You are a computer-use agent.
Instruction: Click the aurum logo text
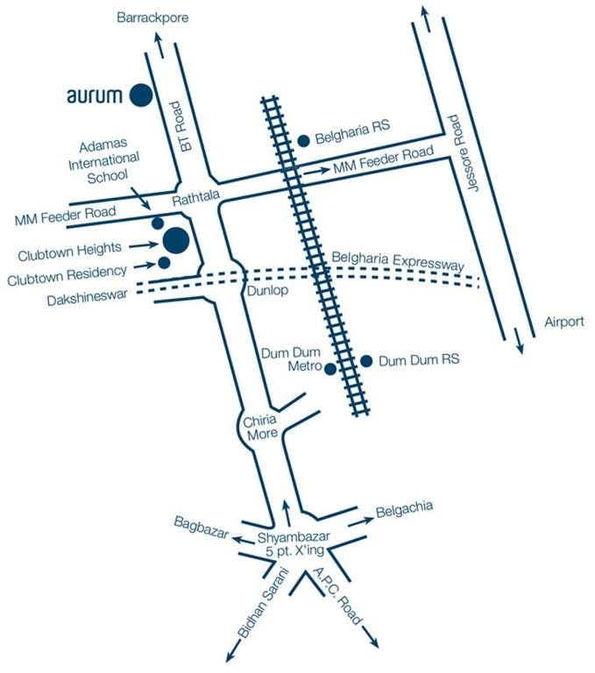point(95,96)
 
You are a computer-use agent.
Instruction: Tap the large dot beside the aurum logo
point(140,95)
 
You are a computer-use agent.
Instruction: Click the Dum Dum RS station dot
point(367,360)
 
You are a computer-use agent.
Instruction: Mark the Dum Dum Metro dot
point(330,369)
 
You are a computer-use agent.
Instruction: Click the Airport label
point(563,322)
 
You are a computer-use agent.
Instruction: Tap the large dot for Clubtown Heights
point(175,238)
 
